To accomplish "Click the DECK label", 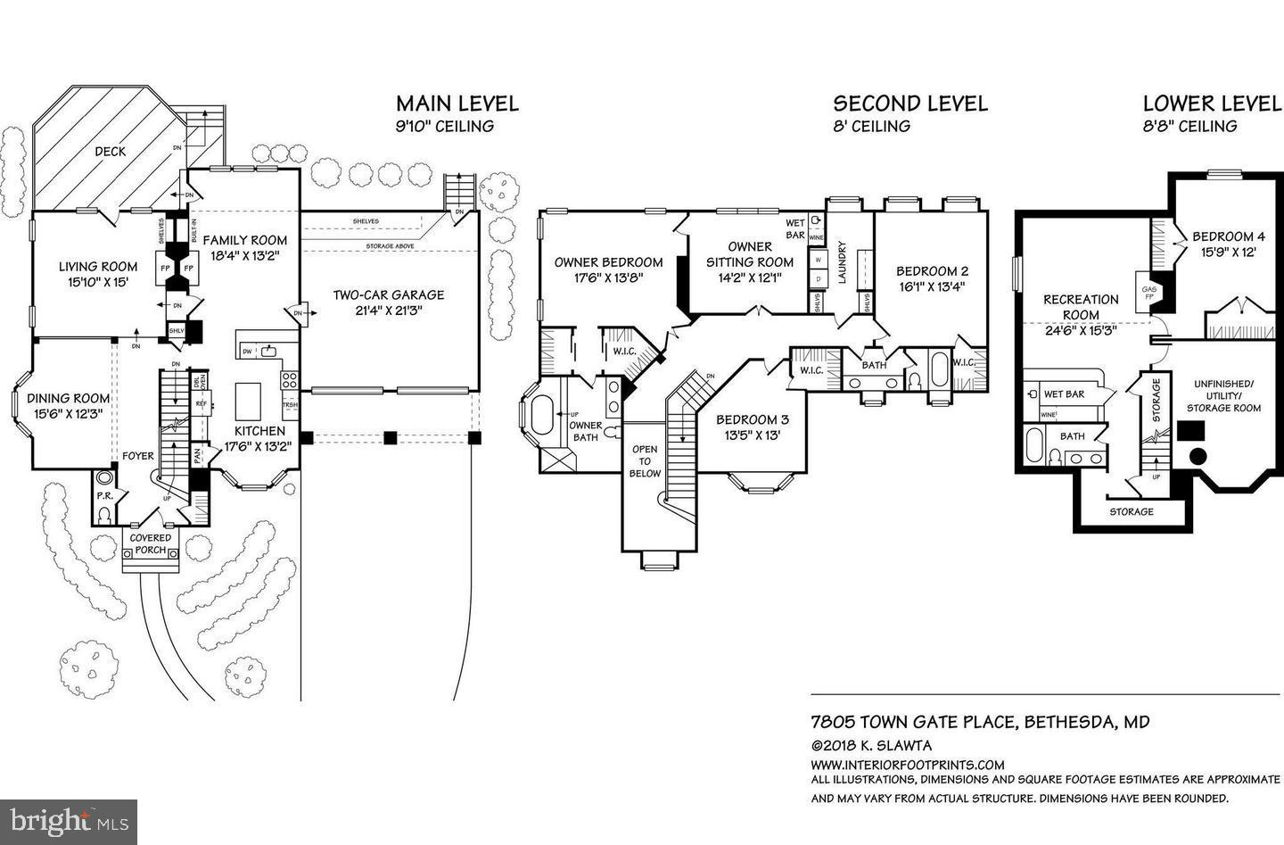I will [111, 152].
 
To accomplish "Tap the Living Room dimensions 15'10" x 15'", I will [98, 282].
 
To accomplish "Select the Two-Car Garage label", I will [388, 294].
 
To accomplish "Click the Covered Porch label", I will [151, 544].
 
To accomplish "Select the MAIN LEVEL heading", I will [457, 104].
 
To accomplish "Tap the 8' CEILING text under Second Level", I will [871, 127].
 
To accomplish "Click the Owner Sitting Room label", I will [749, 253].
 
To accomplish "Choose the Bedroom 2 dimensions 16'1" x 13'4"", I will [931, 287].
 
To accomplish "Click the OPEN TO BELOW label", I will [645, 461].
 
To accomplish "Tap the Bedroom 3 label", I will [753, 419].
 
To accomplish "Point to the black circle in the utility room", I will [1198, 457].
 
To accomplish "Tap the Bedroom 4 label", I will [1228, 236].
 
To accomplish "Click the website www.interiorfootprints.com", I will [907, 765].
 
